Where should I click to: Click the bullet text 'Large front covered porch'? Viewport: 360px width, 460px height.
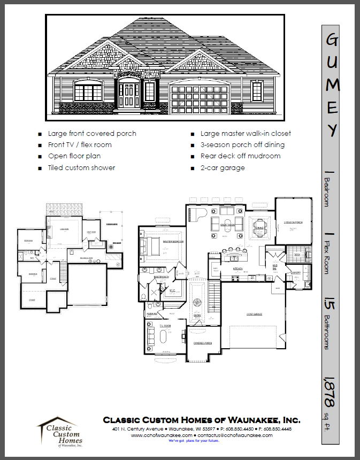tap(92, 134)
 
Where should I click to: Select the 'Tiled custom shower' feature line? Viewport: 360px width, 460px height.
tap(81, 167)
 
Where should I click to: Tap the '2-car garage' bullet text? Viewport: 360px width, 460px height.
tap(223, 167)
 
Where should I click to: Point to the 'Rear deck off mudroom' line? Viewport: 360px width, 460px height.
tap(240, 156)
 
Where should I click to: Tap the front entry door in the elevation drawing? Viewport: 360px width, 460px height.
tap(129, 95)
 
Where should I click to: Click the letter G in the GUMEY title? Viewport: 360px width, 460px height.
tap(332, 41)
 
